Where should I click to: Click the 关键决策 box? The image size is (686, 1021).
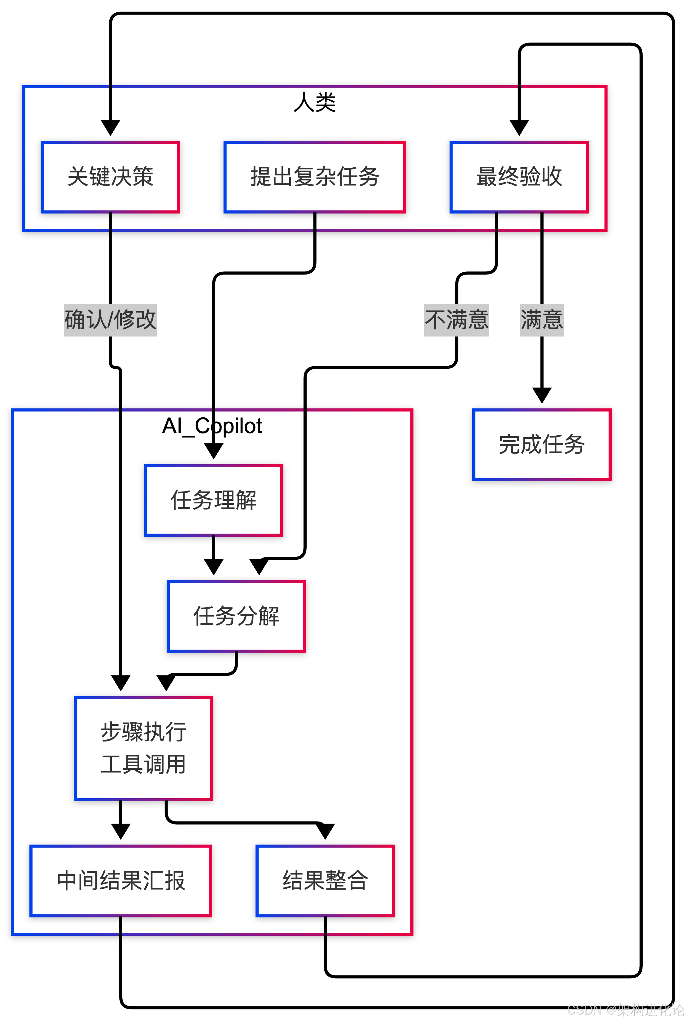(x=110, y=177)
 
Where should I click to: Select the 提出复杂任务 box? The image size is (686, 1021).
(x=315, y=177)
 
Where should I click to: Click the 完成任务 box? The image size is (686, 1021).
(x=542, y=445)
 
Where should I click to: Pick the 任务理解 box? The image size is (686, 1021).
(x=213, y=500)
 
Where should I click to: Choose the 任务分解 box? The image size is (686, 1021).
(x=236, y=616)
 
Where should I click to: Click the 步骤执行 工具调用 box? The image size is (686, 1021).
(x=143, y=748)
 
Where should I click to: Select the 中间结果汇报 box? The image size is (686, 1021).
(x=121, y=881)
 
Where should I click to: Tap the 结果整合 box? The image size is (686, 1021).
(x=325, y=881)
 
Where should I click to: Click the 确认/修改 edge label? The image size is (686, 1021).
(x=110, y=320)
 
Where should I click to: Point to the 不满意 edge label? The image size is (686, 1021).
(x=457, y=320)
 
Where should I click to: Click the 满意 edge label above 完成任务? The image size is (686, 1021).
(x=542, y=320)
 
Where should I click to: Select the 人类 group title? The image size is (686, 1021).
(x=315, y=102)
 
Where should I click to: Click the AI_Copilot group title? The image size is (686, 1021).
(x=212, y=426)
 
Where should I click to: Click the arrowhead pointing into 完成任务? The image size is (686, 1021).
(x=542, y=395)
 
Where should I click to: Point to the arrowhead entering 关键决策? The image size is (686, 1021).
(x=110, y=128)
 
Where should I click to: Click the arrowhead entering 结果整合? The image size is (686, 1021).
(x=325, y=831)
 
